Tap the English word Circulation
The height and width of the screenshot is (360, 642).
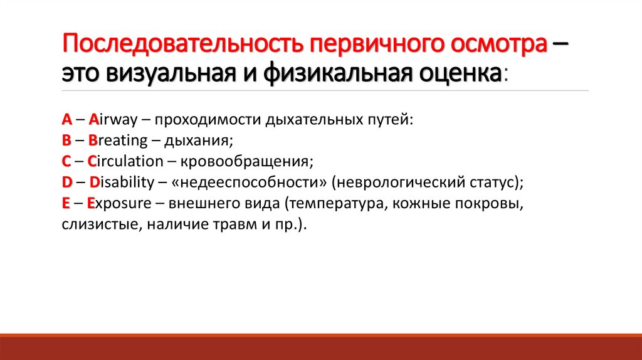[x=125, y=161]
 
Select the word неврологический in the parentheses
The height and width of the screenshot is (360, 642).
[x=402, y=183]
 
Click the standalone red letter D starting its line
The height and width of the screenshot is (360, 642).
[x=66, y=183]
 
